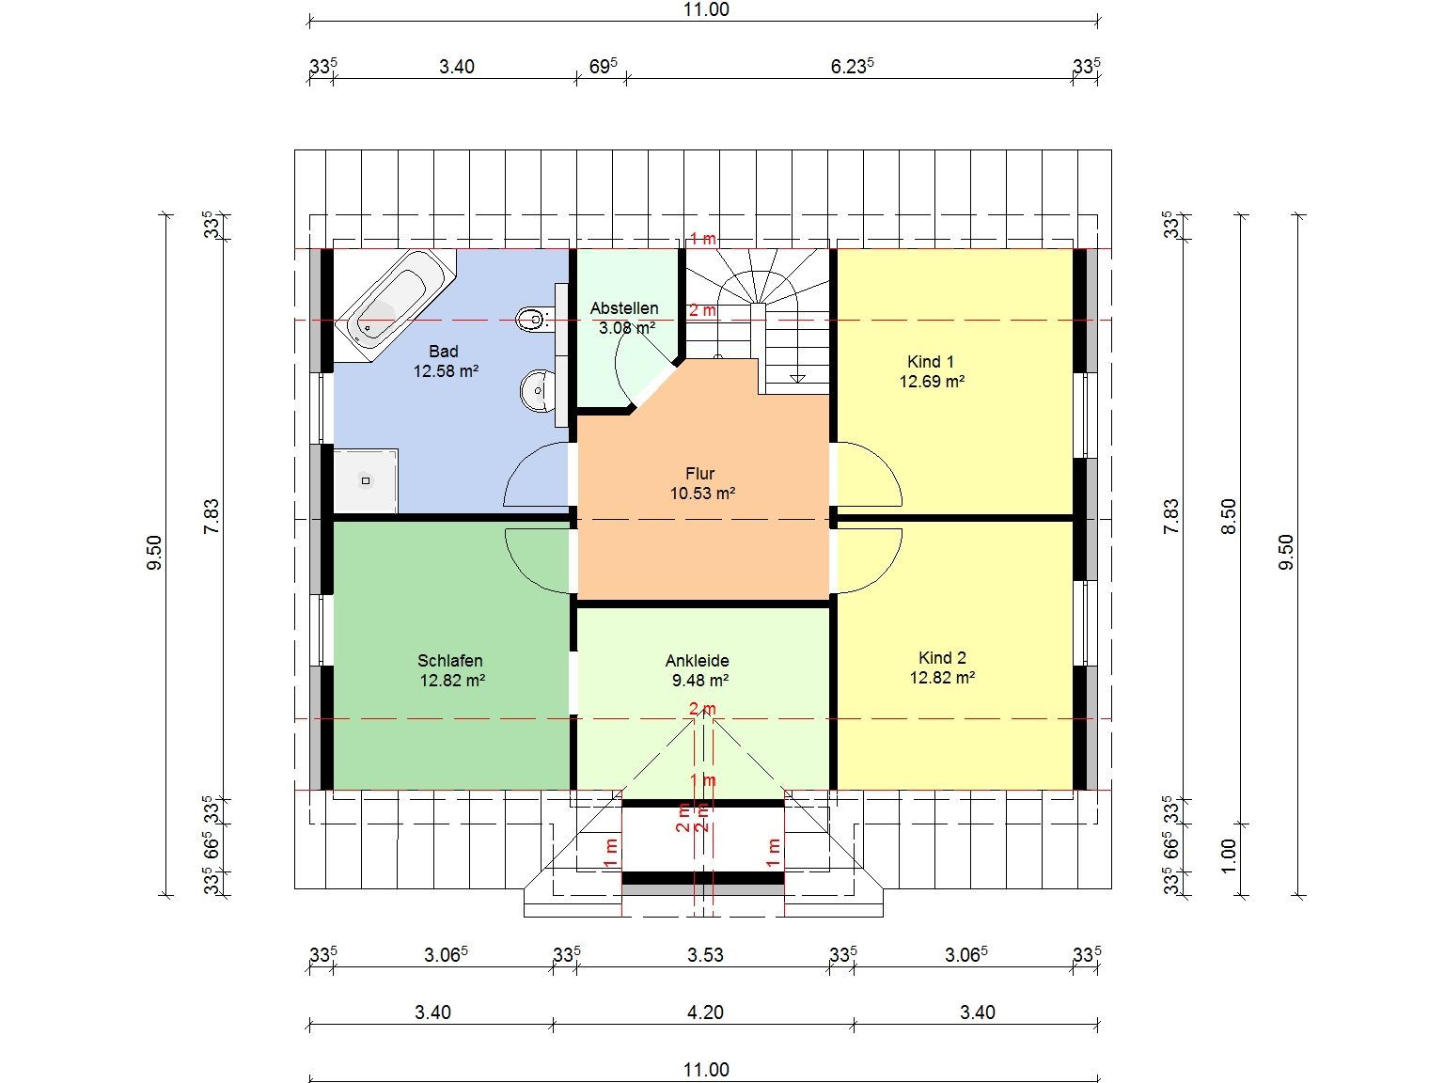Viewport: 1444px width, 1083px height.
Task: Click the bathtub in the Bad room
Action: tap(396, 305)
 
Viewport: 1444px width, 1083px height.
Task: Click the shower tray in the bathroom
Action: tap(366, 480)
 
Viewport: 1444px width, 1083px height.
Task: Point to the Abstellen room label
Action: tap(623, 307)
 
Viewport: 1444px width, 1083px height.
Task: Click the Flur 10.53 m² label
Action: tap(701, 483)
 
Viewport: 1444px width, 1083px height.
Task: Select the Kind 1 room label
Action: tap(930, 362)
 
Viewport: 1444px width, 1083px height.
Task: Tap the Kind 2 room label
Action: tap(942, 657)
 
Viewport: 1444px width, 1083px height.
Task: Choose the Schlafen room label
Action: tap(450, 660)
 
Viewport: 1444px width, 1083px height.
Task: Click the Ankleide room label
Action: tap(698, 660)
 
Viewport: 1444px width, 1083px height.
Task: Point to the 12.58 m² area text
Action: tap(446, 370)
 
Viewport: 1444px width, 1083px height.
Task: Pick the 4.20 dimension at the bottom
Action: tap(705, 1012)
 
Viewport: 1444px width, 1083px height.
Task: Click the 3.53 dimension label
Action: tap(705, 954)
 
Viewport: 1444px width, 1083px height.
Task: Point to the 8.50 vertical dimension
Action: tap(1228, 517)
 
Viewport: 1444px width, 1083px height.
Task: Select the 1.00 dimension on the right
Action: tap(1228, 855)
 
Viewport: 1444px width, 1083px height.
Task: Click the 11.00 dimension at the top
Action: tap(706, 9)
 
